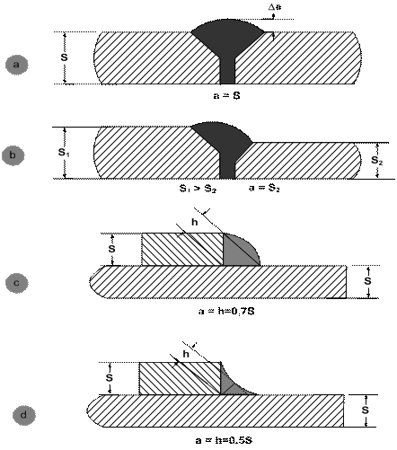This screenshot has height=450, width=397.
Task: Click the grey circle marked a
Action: point(17,65)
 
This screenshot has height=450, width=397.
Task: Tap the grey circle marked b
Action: point(13,155)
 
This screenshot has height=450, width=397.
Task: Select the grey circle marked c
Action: point(17,283)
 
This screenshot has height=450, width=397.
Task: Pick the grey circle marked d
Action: point(23,415)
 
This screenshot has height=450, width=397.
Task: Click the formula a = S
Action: point(226,95)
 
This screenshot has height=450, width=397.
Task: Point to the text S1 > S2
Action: point(198,189)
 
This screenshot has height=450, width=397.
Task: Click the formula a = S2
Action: point(264,188)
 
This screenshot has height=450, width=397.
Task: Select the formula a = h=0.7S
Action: point(226,312)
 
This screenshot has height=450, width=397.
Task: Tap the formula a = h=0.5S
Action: point(224,440)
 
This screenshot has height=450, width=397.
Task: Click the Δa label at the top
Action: point(275,7)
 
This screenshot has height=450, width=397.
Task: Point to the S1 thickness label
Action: point(64,153)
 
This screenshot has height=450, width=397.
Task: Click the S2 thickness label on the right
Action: point(377,161)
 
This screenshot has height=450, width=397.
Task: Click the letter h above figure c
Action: point(195,222)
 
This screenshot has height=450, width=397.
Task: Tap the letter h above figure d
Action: point(186,354)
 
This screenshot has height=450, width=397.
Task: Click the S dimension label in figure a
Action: point(64,57)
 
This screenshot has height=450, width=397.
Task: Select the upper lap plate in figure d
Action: point(180,378)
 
